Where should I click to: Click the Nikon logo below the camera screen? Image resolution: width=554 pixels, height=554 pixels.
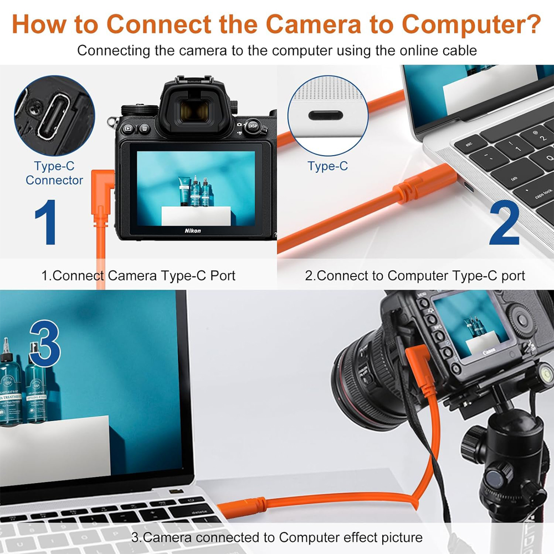point(193,230)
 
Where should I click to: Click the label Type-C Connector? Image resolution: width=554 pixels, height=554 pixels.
point(54,173)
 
